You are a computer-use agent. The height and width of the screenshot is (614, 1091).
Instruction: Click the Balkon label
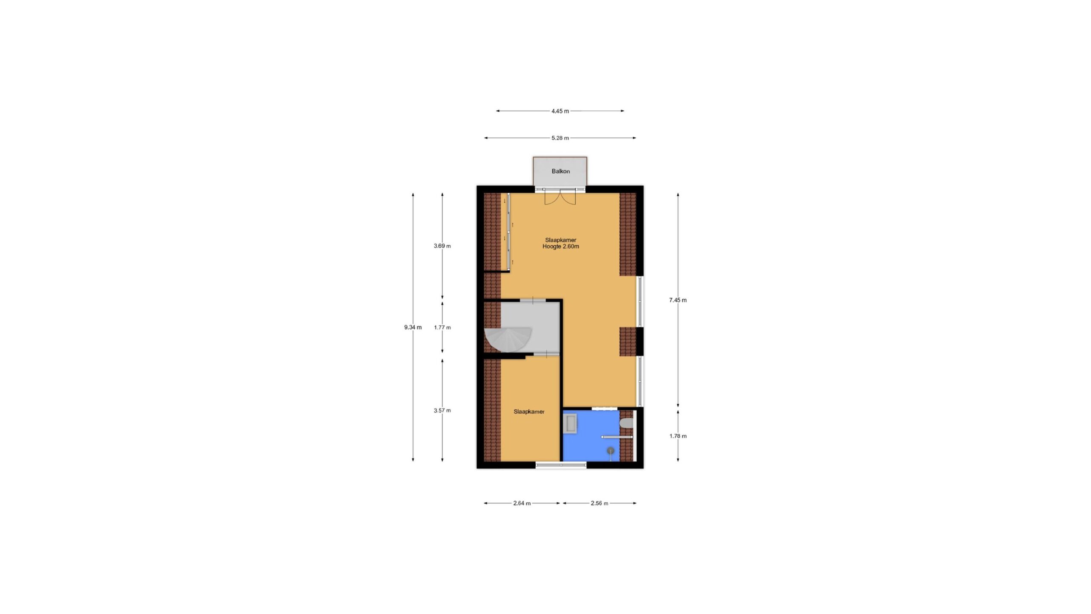tap(560, 171)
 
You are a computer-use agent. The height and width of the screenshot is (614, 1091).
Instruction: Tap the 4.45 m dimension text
tap(560, 111)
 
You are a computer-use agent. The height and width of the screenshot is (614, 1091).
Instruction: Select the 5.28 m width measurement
tap(560, 138)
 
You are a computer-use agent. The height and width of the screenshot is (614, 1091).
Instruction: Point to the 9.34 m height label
tap(413, 327)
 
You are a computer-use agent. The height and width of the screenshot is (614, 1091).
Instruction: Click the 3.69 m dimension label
tap(442, 246)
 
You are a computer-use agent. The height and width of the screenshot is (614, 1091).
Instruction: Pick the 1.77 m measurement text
tap(442, 327)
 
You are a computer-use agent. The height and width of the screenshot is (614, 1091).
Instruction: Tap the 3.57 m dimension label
tap(442, 411)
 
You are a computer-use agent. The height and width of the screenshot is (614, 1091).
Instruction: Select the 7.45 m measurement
tap(678, 300)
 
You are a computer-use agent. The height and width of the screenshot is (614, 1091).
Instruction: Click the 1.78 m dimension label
tap(678, 436)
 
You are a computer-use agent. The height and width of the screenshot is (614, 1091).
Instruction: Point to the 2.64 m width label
tap(522, 503)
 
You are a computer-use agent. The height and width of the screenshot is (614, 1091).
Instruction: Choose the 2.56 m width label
tap(599, 503)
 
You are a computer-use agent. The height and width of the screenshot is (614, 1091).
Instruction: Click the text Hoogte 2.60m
tap(561, 246)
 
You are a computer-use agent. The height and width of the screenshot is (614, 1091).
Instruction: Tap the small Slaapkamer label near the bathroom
tap(529, 412)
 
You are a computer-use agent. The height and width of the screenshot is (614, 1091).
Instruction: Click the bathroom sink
tap(570, 424)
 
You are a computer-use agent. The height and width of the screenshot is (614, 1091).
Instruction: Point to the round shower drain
tap(611, 450)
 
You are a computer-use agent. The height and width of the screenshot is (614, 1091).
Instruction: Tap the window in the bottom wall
tap(561, 465)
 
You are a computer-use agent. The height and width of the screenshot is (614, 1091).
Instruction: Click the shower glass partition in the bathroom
tap(617, 437)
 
